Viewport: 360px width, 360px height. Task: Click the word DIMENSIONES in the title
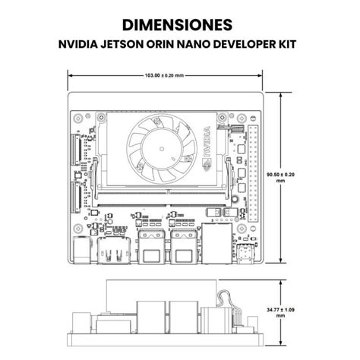pyautogui.click(x=179, y=25)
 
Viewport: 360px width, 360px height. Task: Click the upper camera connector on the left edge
pyautogui.click(x=76, y=148)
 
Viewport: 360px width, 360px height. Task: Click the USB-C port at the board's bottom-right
pyautogui.click(x=247, y=254)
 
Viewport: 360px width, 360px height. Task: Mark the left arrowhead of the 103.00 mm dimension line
pyautogui.click(x=71, y=75)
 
